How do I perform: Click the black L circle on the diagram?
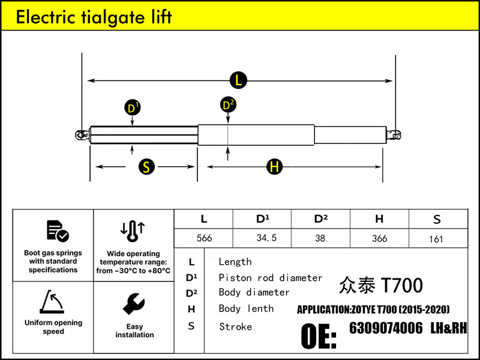click(x=238, y=80)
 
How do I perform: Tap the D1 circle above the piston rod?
click(x=133, y=108)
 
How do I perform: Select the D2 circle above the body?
click(x=228, y=105)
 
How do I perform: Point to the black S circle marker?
click(x=146, y=167)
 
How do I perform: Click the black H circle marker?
click(x=274, y=167)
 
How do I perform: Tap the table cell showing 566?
click(x=204, y=238)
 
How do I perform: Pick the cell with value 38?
click(x=320, y=238)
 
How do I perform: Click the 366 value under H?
click(x=379, y=238)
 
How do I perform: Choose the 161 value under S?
click(x=436, y=239)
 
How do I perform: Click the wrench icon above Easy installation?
click(x=134, y=304)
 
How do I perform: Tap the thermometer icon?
click(x=133, y=231)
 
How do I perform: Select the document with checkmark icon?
click(x=58, y=231)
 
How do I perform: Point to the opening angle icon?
click(x=52, y=302)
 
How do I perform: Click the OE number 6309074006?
click(x=386, y=328)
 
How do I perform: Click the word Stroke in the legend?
click(x=235, y=326)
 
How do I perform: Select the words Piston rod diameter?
click(x=271, y=278)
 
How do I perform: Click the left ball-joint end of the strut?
click(x=82, y=134)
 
